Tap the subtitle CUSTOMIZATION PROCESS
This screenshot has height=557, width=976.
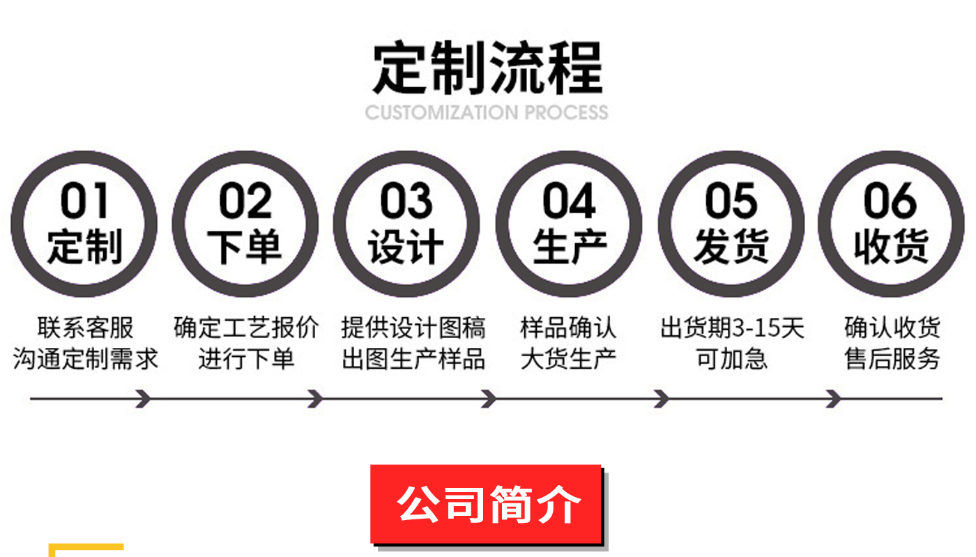[487, 112]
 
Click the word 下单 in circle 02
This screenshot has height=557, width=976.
[245, 247]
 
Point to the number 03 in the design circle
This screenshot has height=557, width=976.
[406, 201]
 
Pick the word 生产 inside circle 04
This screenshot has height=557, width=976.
[569, 247]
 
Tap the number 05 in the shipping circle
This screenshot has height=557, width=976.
[731, 201]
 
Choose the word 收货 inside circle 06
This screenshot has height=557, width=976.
[891, 247]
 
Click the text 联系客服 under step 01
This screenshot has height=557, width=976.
[85, 328]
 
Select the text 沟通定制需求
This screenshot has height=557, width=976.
[85, 359]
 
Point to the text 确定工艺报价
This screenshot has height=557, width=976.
[246, 328]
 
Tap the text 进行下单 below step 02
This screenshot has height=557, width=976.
[246, 359]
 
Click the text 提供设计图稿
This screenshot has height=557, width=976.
[413, 328]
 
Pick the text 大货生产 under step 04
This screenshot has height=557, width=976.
[569, 359]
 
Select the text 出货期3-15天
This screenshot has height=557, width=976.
[732, 328]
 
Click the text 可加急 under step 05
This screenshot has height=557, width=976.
[732, 359]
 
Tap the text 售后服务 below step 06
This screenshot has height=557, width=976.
[892, 359]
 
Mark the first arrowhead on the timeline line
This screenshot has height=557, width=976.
[144, 399]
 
